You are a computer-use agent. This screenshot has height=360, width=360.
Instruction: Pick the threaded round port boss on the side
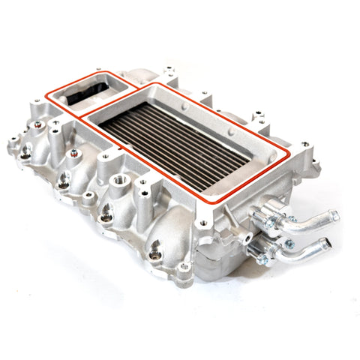pyautogui.click(x=119, y=181)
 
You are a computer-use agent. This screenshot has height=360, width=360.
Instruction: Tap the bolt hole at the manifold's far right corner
pyautogui.click(x=305, y=143)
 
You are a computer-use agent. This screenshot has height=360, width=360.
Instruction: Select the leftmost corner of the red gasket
pyautogui.click(x=46, y=95)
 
